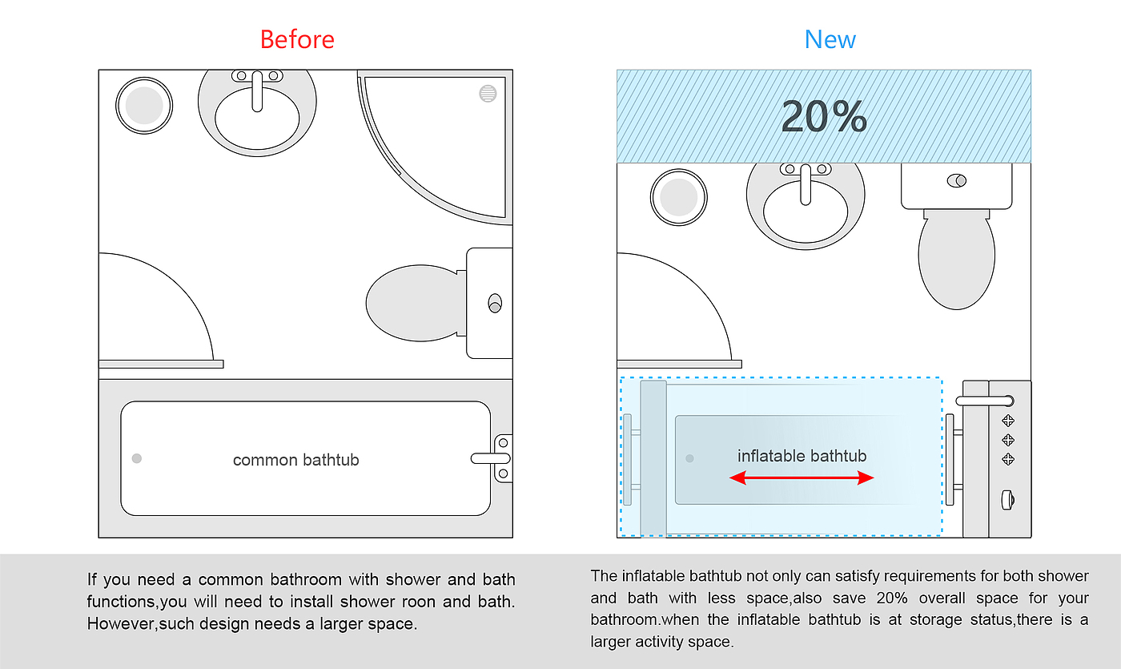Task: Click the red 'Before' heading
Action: [297, 39]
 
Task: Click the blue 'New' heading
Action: [830, 39]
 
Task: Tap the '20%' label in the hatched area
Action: [824, 117]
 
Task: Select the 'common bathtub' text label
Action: [295, 460]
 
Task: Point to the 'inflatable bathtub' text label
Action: [802, 456]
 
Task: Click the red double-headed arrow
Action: [802, 478]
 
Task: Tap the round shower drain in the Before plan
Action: [488, 93]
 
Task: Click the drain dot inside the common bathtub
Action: [137, 458]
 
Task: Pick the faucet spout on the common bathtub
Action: [490, 458]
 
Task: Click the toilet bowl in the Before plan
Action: [414, 303]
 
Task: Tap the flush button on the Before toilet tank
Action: [495, 303]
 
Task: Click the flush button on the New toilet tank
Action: [957, 181]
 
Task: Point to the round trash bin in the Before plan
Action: [144, 106]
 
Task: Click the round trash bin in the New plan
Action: [679, 197]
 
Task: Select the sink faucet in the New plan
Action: [806, 184]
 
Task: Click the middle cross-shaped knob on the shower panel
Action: [1008, 440]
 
